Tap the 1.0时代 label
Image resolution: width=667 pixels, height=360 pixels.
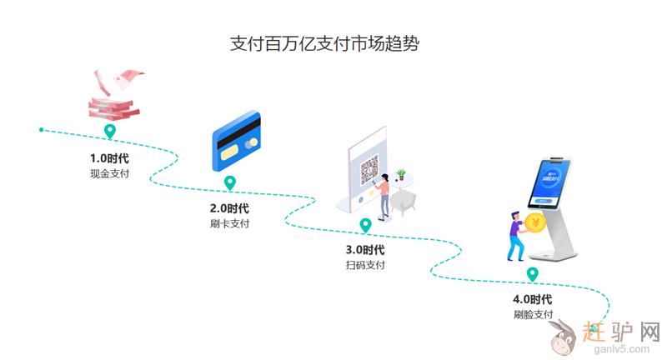coord(109,157)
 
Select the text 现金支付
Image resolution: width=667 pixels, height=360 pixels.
coord(109,174)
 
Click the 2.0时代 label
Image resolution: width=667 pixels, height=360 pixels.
coord(229,207)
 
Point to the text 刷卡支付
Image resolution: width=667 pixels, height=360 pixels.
coord(229,224)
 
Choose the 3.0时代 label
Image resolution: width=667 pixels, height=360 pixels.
coord(365,249)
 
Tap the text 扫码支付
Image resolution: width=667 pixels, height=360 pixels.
coord(365,266)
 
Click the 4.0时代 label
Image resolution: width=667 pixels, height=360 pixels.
coord(533,298)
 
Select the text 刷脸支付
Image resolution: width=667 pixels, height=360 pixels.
coord(533,315)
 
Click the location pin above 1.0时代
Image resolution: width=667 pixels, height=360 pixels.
coord(109,132)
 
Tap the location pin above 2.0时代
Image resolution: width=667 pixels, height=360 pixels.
coord(230,183)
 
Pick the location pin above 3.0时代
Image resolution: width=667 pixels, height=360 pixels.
coord(365,225)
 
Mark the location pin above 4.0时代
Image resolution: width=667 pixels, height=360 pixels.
coord(533,274)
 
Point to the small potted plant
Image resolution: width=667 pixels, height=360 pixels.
coord(402,175)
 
